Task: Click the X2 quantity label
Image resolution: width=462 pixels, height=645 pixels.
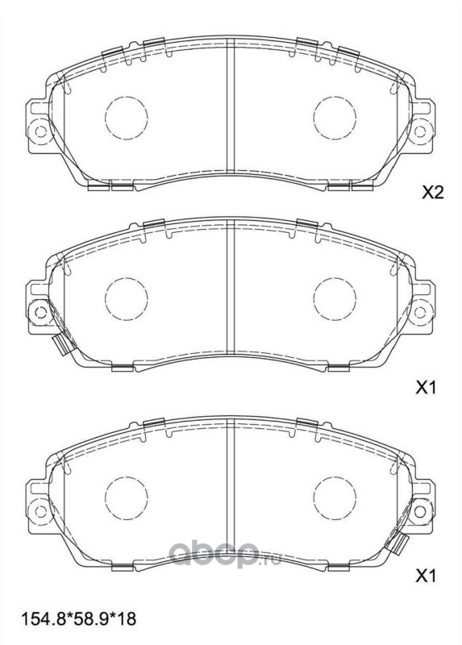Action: tap(433, 193)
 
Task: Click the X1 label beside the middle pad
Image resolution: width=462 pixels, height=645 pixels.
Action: tap(426, 387)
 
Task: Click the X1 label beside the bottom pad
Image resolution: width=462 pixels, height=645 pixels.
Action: tap(426, 576)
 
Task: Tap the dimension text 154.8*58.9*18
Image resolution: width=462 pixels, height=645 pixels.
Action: tap(78, 618)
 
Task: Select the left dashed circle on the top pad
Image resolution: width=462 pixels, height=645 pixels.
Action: tap(127, 118)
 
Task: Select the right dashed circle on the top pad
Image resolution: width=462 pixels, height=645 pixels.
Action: tap(335, 118)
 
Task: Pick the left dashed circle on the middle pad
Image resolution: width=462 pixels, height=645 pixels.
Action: tap(127, 299)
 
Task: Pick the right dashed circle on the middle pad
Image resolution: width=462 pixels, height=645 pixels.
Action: tap(335, 299)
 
